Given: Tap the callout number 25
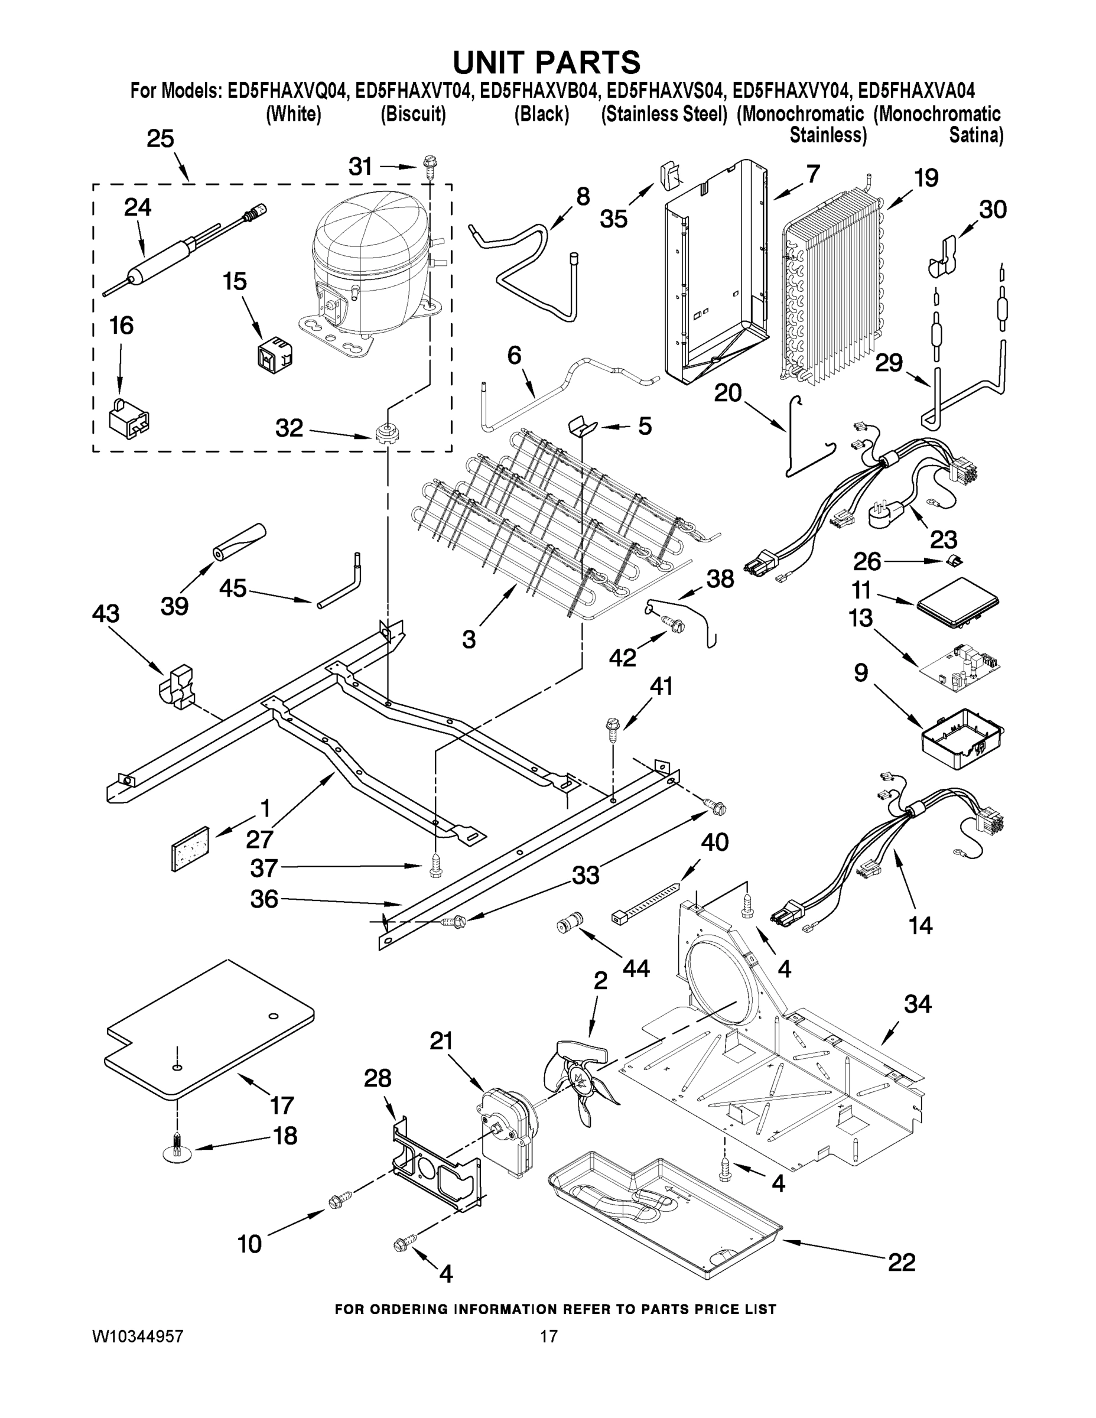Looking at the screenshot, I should click(x=160, y=139).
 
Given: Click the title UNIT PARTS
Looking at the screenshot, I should click(x=547, y=61).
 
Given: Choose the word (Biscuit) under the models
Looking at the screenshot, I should click(x=413, y=114).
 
